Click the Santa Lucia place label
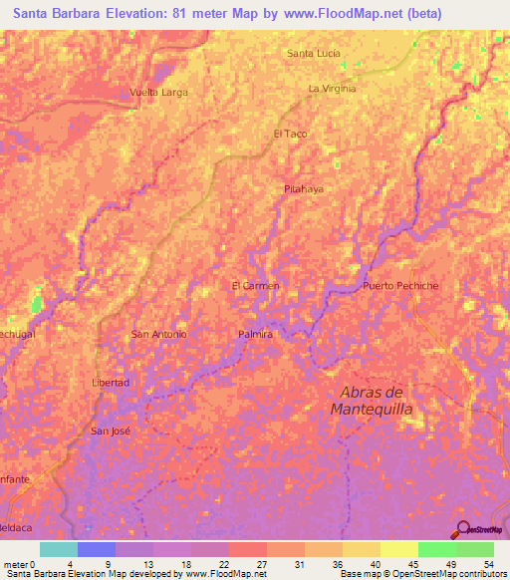tap(313, 53)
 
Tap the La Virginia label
tap(332, 89)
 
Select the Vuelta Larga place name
tap(159, 92)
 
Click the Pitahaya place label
tap(304, 187)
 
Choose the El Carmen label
tap(255, 286)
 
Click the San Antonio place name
tap(159, 334)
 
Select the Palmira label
tap(255, 335)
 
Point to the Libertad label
tap(110, 383)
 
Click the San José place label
tap(111, 431)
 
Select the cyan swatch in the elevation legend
tap(58, 549)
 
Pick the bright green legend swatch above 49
tap(436, 549)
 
